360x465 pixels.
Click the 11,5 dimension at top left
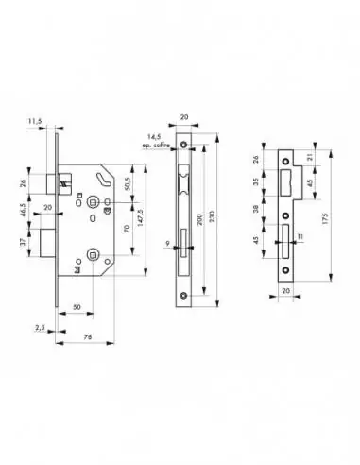[35, 122]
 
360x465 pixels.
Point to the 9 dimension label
[166, 246]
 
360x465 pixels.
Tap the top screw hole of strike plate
[286, 157]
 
